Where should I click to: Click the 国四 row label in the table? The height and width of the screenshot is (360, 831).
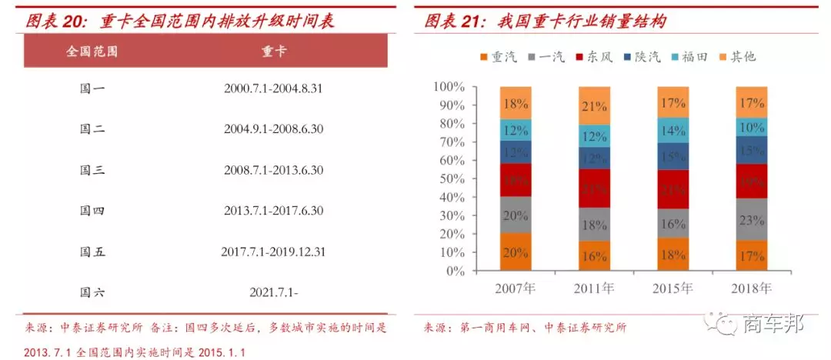pyautogui.click(x=92, y=211)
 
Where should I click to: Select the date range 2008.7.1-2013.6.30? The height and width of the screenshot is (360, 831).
pyautogui.click(x=273, y=170)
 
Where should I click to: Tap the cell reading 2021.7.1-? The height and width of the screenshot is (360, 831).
pyautogui.click(x=273, y=292)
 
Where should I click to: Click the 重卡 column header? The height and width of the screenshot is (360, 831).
pyautogui.click(x=273, y=52)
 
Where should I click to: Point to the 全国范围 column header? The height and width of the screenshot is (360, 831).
pyautogui.click(x=92, y=52)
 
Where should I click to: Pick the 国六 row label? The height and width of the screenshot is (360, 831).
pyautogui.click(x=92, y=292)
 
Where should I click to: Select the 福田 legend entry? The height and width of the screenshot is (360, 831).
pyautogui.click(x=690, y=57)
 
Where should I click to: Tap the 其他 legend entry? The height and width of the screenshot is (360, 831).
pyautogui.click(x=737, y=57)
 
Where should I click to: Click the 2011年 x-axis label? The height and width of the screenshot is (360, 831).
pyautogui.click(x=594, y=289)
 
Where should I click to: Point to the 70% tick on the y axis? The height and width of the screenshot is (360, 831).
pyautogui.click(x=449, y=142)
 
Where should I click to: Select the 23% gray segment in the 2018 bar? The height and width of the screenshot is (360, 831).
pyautogui.click(x=751, y=219)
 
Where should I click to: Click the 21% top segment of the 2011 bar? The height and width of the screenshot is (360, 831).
pyautogui.click(x=594, y=106)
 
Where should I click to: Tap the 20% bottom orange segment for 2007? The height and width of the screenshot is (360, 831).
pyautogui.click(x=516, y=252)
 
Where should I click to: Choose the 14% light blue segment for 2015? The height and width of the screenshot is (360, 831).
pyautogui.click(x=672, y=130)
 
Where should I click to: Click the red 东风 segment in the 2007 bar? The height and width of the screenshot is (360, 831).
pyautogui.click(x=516, y=179)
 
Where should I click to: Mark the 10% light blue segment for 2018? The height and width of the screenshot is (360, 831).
pyautogui.click(x=751, y=127)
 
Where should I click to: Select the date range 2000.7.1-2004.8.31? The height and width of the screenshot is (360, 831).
pyautogui.click(x=273, y=88)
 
